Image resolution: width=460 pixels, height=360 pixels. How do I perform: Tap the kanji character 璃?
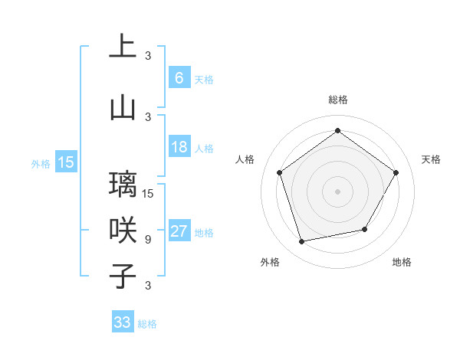click(123, 185)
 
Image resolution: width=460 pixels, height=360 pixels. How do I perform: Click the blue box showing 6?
click(179, 77)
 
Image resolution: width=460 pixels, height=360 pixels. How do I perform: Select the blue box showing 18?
click(179, 147)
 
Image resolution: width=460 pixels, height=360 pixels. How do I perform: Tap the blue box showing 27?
click(179, 231)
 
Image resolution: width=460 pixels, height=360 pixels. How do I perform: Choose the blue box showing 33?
click(123, 322)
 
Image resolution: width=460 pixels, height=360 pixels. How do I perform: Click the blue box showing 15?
click(66, 162)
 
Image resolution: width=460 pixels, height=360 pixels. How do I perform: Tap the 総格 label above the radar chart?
click(337, 100)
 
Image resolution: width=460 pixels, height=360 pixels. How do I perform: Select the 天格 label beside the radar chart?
click(431, 159)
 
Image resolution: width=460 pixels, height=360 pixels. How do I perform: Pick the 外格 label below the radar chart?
click(270, 262)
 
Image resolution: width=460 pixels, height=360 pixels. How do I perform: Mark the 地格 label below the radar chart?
click(402, 262)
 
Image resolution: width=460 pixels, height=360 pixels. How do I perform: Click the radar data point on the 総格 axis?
click(337, 131)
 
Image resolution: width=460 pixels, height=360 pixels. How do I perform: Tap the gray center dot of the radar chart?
click(337, 191)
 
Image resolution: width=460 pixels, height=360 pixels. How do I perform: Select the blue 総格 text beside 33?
click(147, 324)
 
